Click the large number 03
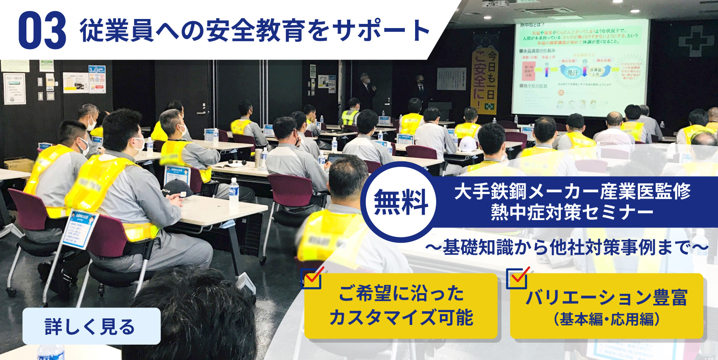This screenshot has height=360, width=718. click(x=42, y=30)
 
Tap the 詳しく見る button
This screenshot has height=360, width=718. click(x=91, y=326)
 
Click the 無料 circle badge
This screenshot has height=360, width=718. click(x=401, y=202)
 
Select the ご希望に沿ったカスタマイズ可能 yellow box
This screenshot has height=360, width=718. click(x=401, y=306)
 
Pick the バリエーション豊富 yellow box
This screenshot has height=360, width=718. click(x=606, y=306)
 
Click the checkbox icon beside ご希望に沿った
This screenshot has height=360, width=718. click(x=312, y=279)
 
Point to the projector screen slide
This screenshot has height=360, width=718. click(x=579, y=67)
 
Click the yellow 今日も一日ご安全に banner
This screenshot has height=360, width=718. click(x=484, y=81)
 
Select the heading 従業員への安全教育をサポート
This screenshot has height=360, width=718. click(x=255, y=30)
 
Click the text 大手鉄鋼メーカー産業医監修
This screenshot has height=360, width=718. click(x=572, y=192)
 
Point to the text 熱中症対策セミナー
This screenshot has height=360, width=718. click(x=572, y=212)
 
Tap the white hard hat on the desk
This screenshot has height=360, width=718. click(x=468, y=144)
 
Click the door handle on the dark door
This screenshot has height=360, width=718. click(x=201, y=112)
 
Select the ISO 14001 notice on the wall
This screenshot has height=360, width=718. click(x=15, y=88)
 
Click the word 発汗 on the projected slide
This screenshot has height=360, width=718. click(x=572, y=73)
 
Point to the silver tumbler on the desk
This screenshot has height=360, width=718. click(x=258, y=158)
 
